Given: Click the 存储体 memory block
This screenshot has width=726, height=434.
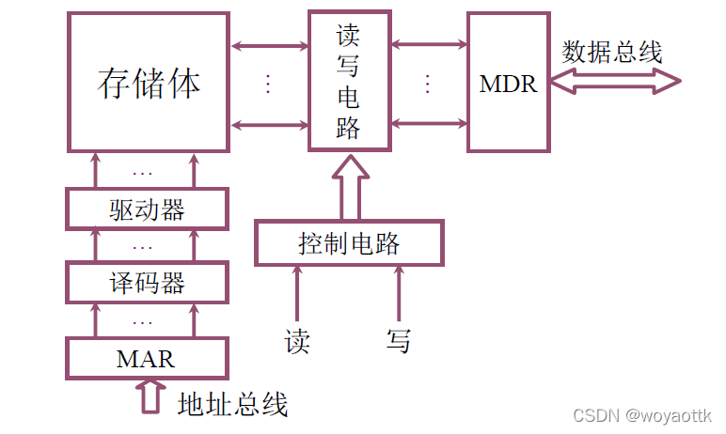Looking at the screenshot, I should click(149, 83).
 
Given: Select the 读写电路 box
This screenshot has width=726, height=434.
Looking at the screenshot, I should click(349, 81).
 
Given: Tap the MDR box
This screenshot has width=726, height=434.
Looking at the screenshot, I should click(508, 83).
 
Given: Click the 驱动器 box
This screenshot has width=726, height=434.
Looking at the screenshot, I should click(148, 209).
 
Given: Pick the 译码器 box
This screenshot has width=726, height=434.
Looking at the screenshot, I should click(148, 282).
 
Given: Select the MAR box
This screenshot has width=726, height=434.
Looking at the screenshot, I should click(147, 358).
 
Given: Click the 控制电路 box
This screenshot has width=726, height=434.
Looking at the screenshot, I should click(349, 244).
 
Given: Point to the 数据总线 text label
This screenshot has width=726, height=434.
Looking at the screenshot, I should click(612, 52).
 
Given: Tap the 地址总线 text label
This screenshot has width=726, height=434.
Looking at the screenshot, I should click(232, 404).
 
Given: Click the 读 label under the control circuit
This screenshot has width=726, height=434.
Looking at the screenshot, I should click(297, 341).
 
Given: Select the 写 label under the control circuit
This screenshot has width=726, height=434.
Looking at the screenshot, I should click(399, 341).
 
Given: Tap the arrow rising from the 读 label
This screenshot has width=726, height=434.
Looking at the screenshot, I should click(298, 293).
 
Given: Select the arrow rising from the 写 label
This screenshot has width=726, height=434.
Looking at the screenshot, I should click(399, 293).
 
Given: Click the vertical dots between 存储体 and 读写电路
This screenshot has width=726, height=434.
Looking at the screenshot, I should click(268, 84).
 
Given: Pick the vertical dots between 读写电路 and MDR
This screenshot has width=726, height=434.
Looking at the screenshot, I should click(428, 84).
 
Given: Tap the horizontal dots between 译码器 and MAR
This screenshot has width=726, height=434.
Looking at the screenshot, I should click(143, 321).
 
